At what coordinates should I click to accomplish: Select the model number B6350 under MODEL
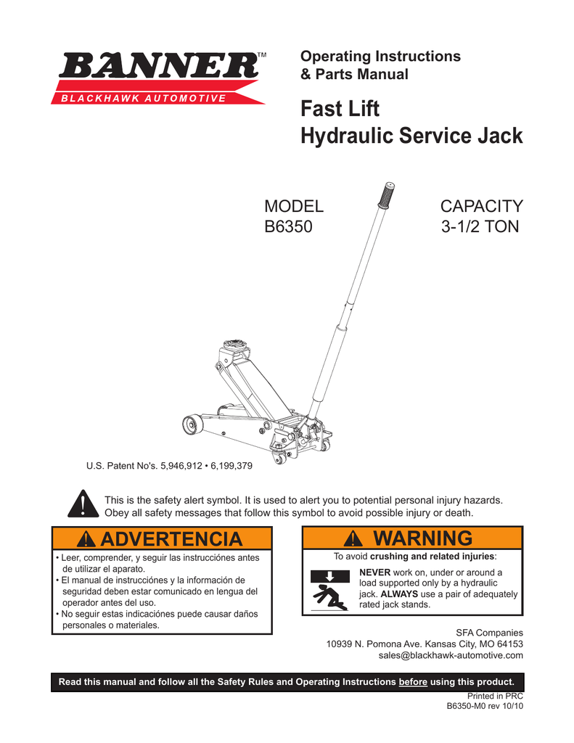click(287, 226)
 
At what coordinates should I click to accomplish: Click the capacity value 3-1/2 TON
click(480, 226)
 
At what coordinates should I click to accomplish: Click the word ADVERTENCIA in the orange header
click(171, 539)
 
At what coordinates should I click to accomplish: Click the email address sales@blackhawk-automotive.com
click(451, 655)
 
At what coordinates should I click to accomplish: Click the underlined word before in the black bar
click(413, 682)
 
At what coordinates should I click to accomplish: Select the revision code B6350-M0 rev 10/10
click(484, 705)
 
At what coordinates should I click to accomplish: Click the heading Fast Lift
click(340, 110)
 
